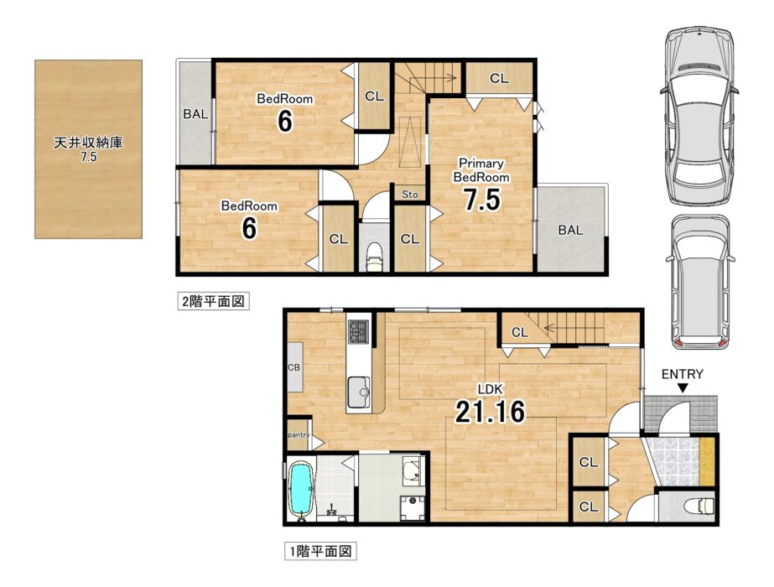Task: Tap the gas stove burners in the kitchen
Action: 358,330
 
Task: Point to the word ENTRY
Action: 683,374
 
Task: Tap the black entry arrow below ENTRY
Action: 683,388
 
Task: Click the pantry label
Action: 299,435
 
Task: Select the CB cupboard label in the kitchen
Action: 293,368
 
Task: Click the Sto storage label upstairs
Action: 410,195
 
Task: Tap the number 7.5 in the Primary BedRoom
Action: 482,200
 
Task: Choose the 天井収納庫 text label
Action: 88,143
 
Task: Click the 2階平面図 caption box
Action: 213,301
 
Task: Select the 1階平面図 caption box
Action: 320,551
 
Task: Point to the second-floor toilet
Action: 374,257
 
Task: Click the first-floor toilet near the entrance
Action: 700,506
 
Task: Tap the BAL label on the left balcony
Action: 195,114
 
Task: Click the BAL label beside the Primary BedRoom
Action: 570,230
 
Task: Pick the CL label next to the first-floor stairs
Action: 519,333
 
